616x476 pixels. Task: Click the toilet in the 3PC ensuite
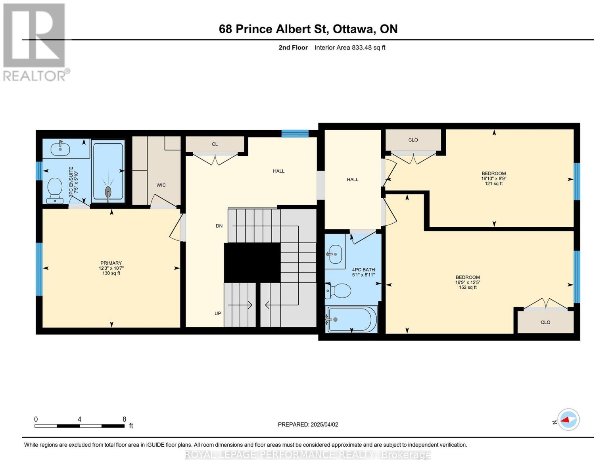tap(54, 190)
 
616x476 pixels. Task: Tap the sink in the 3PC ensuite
tap(60, 149)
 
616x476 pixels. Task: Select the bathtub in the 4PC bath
tap(351, 319)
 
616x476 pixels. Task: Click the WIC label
tap(161, 185)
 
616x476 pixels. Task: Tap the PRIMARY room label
tap(111, 263)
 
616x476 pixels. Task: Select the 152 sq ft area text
tap(468, 288)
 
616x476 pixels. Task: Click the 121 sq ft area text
tap(494, 184)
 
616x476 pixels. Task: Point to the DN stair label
tap(219, 226)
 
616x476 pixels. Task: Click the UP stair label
tap(218, 313)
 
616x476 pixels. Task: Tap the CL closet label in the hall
tap(215, 144)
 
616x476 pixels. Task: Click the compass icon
tap(568, 419)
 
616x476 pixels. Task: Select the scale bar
tap(79, 426)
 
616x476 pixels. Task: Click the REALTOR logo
tap(35, 42)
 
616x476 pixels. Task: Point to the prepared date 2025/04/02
tap(308, 424)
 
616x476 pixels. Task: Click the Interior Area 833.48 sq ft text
tap(350, 48)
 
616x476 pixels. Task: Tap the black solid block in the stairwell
tap(252, 263)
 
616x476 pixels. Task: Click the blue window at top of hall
tap(295, 133)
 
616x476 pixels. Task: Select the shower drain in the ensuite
tap(108, 192)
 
